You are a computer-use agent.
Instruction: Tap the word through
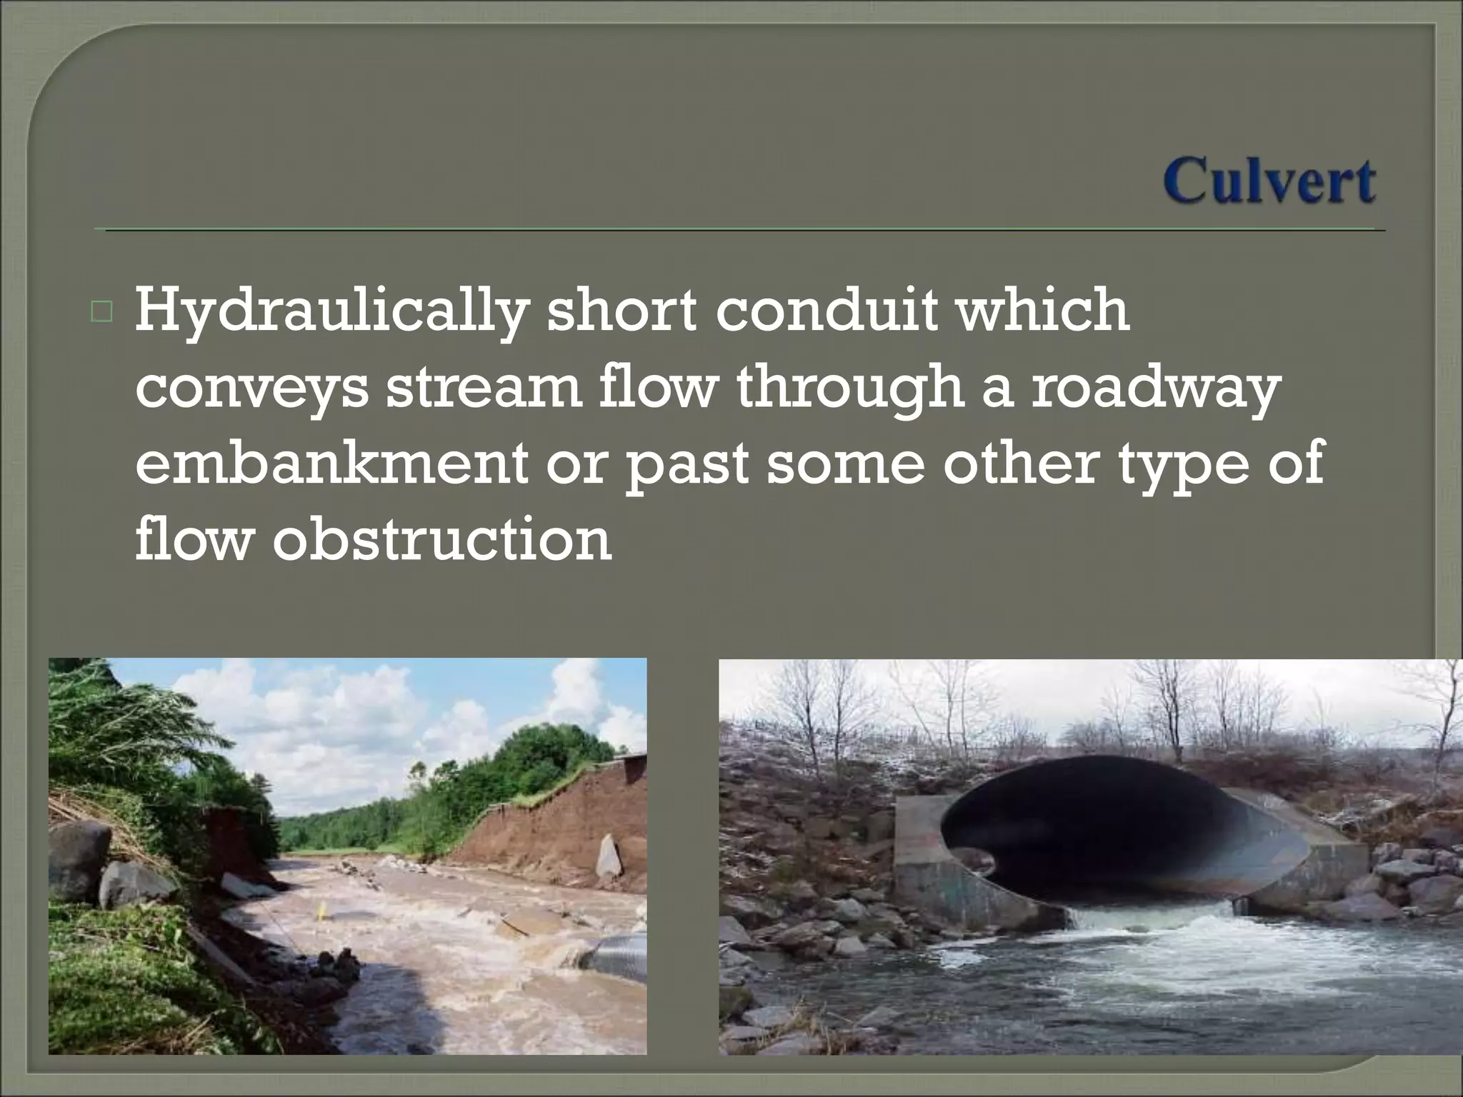click(849, 390)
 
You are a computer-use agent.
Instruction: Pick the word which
click(1043, 311)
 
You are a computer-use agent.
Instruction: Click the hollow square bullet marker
click(101, 313)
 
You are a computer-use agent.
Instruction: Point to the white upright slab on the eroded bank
click(608, 855)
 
